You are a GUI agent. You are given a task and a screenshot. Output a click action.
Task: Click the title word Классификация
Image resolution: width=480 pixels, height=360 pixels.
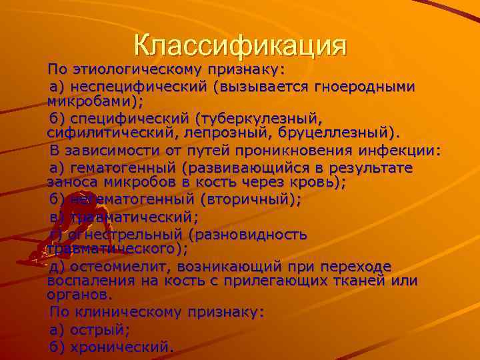(x=240, y=45)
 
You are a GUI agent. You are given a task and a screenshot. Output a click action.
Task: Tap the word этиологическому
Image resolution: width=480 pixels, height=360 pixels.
(x=141, y=69)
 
